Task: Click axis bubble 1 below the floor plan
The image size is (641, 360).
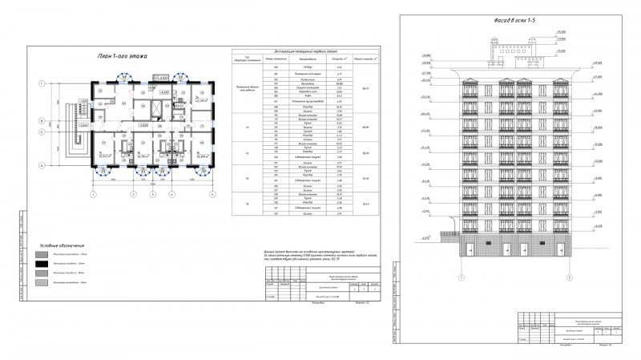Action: tap(93, 195)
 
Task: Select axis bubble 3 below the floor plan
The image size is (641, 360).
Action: tap(152, 195)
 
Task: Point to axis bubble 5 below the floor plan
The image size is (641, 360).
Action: tap(212, 195)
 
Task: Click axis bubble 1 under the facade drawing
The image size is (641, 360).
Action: tap(462, 277)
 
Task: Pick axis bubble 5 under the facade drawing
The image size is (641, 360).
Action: tap(568, 277)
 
